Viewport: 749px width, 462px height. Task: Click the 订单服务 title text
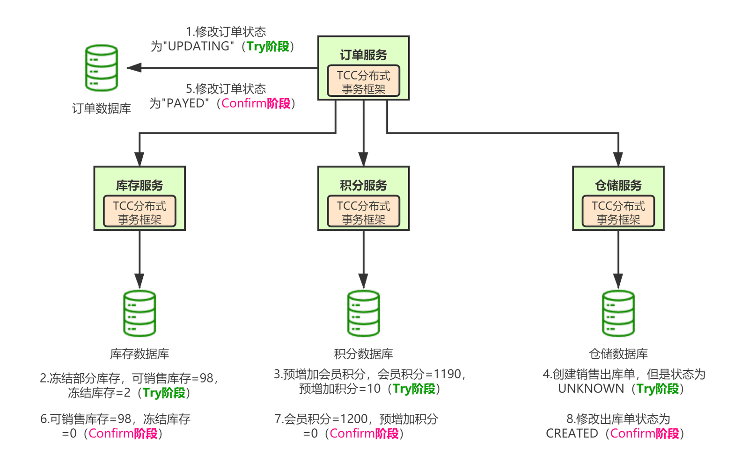click(363, 55)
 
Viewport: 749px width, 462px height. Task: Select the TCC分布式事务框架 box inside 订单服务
click(363, 81)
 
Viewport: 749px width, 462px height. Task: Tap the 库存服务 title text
click(140, 185)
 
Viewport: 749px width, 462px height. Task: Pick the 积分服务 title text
click(363, 185)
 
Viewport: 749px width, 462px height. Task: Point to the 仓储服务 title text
click(618, 185)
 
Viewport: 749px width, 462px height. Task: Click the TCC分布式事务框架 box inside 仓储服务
click(618, 211)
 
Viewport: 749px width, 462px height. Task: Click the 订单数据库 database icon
click(101, 68)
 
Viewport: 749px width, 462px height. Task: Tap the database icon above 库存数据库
click(140, 313)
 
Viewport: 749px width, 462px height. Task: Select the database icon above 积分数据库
click(363, 313)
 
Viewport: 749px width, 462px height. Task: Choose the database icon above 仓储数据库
click(618, 313)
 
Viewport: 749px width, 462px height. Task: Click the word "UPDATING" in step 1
click(198, 46)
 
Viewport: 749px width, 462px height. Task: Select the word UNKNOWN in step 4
click(591, 389)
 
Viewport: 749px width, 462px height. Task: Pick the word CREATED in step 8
click(572, 433)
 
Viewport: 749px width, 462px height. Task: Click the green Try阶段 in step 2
click(164, 393)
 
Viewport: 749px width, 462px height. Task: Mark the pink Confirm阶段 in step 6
click(123, 433)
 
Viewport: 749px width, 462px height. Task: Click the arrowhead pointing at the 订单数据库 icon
click(134, 68)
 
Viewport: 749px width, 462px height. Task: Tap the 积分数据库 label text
click(363, 354)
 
